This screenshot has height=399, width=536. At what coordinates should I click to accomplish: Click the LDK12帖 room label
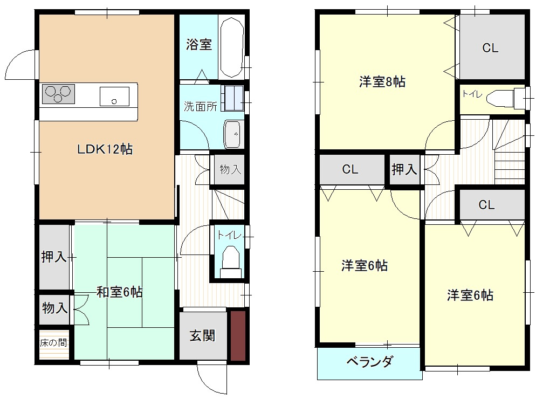pyautogui.click(x=105, y=149)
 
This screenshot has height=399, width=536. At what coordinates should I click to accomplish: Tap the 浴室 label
pyautogui.click(x=199, y=44)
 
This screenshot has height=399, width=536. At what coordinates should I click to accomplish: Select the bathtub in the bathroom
pyautogui.click(x=232, y=47)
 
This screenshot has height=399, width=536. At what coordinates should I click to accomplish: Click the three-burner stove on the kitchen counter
pyautogui.click(x=58, y=94)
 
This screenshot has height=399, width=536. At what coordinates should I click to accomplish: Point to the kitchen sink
pyautogui.click(x=114, y=97)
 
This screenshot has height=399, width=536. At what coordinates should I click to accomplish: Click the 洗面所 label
pyautogui.click(x=200, y=107)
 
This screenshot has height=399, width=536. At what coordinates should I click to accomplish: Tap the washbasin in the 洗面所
pyautogui.click(x=233, y=134)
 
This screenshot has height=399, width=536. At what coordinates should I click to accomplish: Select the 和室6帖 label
pyautogui.click(x=120, y=292)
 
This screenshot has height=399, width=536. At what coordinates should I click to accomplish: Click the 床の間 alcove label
pyautogui.click(x=53, y=342)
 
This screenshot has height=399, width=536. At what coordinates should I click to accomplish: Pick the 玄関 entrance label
pyautogui.click(x=203, y=336)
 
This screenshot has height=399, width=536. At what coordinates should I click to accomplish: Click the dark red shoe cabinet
pyautogui.click(x=238, y=335)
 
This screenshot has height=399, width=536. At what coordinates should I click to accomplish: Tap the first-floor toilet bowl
pyautogui.click(x=231, y=262)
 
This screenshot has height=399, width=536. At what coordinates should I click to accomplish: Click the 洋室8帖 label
pyautogui.click(x=382, y=82)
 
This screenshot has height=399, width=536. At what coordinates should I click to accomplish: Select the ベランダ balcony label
pyautogui.click(x=370, y=361)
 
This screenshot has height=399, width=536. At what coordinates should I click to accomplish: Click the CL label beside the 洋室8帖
pyautogui.click(x=490, y=48)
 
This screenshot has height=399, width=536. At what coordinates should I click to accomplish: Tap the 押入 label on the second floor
pyautogui.click(x=404, y=169)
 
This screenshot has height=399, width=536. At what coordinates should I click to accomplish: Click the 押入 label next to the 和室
pyautogui.click(x=54, y=257)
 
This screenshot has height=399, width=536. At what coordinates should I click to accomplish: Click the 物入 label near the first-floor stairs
pyautogui.click(x=230, y=169)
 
